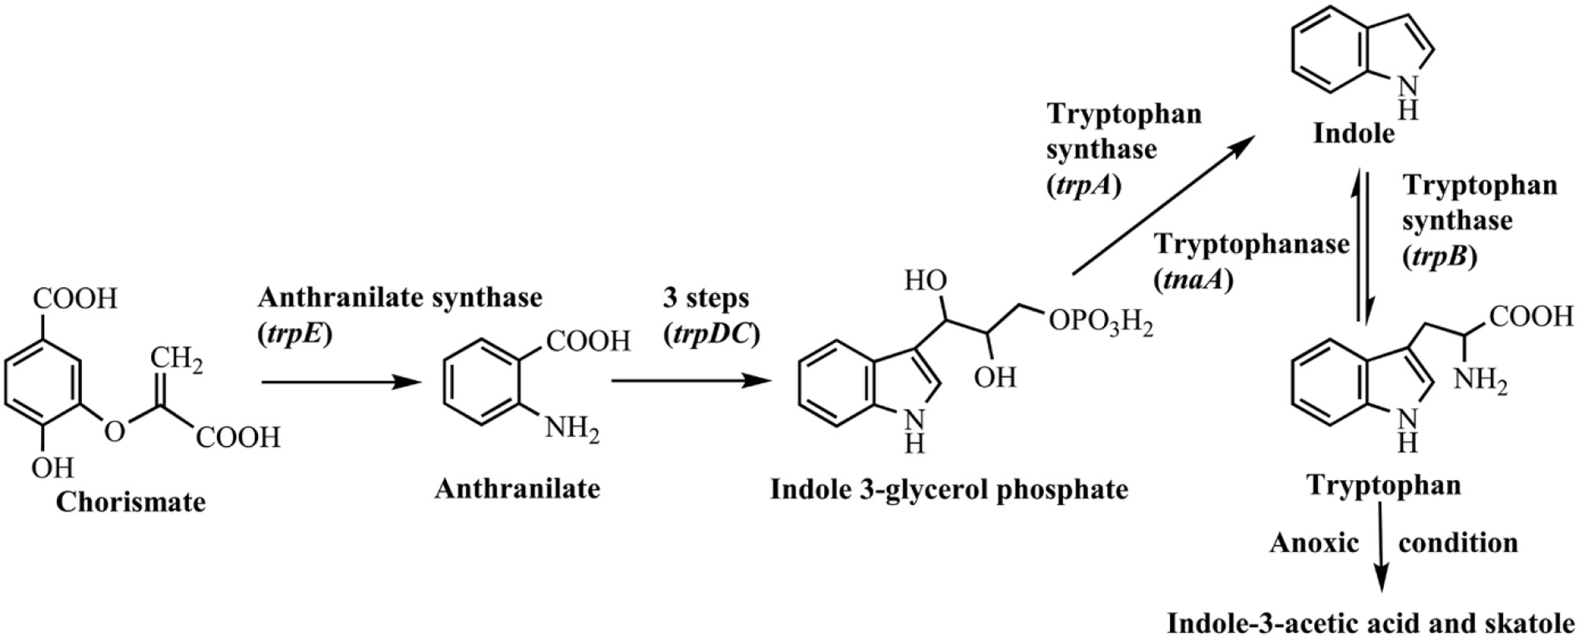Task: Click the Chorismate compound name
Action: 131,502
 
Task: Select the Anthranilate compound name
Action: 517,489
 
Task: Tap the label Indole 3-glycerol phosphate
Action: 949,489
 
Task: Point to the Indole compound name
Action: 1353,134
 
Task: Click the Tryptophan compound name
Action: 1383,485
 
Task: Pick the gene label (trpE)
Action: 295,334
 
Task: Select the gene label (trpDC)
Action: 711,334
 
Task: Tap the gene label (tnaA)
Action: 1193,279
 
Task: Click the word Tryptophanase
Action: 1251,245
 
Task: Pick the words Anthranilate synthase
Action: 400,298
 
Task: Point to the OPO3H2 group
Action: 1100,323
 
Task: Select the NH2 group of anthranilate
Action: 572,430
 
